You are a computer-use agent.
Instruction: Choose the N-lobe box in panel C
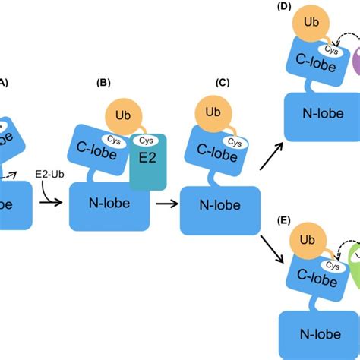tap(216, 206)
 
